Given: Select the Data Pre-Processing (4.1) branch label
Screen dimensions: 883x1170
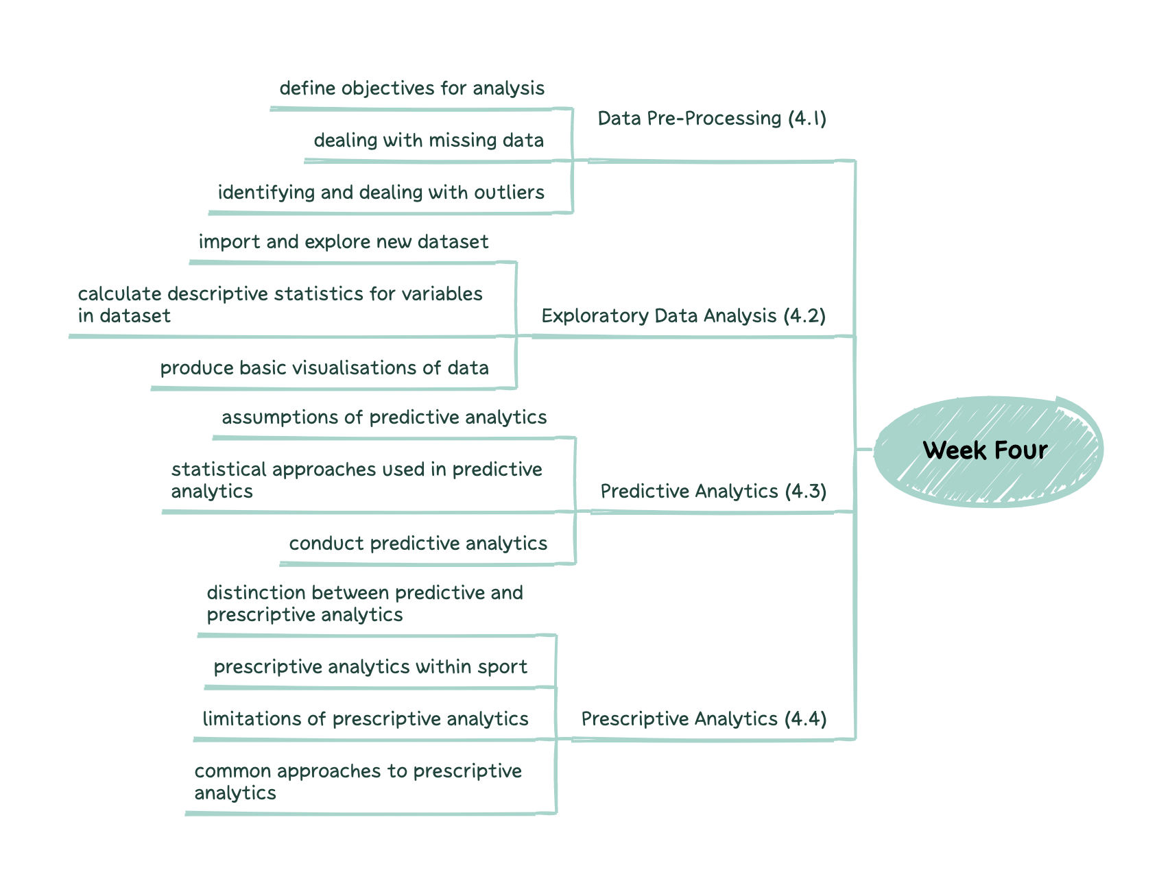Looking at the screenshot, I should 711,119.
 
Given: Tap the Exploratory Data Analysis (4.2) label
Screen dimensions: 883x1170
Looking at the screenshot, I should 683,316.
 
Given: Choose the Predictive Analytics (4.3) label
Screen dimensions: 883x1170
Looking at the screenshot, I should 713,492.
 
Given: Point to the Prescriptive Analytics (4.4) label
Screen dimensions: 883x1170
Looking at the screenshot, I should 704,719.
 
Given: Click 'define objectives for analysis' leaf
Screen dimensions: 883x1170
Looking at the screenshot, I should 411,88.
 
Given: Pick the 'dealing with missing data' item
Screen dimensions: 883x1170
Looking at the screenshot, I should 429,141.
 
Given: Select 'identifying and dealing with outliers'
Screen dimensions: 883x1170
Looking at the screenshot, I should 381,193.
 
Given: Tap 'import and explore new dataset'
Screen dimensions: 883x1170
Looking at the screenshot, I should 343,242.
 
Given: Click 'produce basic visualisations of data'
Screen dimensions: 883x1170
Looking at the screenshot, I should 324,368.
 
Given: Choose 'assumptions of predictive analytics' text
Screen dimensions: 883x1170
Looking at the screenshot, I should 384,418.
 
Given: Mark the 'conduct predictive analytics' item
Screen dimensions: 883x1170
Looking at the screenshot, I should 418,544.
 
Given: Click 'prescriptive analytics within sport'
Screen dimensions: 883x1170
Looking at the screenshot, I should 370,667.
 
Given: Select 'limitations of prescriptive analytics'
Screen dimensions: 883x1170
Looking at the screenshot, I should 366,719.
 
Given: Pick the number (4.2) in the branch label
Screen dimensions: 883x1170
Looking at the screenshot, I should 804,316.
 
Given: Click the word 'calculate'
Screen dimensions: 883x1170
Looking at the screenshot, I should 119,294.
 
